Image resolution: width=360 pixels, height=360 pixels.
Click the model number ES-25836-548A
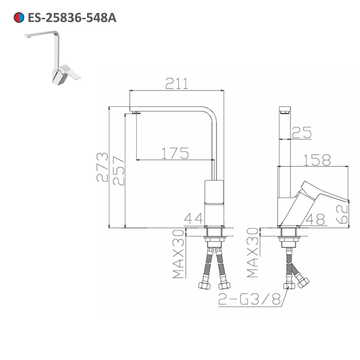coord(72,17)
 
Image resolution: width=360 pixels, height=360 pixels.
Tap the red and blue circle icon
coord(18,17)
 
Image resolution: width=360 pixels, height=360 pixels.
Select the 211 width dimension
coord(176,84)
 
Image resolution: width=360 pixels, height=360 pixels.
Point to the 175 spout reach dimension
coord(175,154)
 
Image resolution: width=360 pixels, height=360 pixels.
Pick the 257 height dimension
coord(118,171)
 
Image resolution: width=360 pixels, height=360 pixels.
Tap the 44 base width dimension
coord(194,218)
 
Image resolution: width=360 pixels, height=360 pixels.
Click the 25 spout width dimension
coord(302,133)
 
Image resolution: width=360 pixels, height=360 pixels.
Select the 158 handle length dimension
coord(317,160)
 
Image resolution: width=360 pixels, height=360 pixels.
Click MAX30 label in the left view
coord(179,253)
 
